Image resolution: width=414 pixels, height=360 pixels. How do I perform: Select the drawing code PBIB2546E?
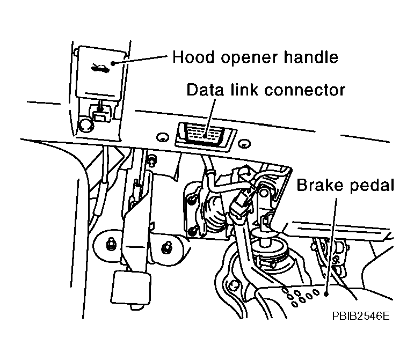(x=360, y=316)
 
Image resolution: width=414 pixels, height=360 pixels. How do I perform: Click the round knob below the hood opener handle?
(x=84, y=125)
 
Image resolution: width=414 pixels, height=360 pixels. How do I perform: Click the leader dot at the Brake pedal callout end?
(x=326, y=293)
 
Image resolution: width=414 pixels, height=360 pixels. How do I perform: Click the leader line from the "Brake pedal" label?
(x=331, y=241)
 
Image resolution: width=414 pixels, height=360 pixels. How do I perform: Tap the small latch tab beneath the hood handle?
(x=99, y=112)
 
